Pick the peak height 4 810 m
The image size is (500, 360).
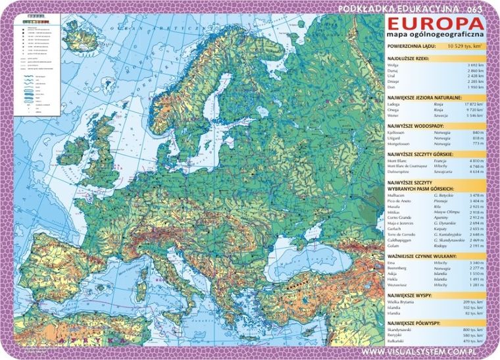point(474,160)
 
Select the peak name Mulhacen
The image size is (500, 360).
point(397,195)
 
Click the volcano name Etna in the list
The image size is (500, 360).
point(393,263)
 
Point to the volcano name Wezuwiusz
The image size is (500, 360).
point(399,285)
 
